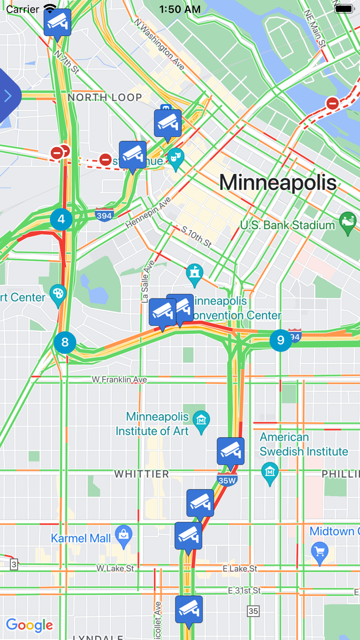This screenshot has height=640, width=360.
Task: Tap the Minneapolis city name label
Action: click(278, 183)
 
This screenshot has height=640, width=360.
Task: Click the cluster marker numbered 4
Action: click(61, 219)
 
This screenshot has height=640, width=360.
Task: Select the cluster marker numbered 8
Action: click(65, 342)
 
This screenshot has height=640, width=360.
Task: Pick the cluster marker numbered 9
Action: click(280, 340)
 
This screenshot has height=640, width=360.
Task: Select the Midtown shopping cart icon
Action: click(320, 552)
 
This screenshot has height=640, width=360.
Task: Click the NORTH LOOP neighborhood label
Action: click(105, 97)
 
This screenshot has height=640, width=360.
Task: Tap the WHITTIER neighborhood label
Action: click(141, 474)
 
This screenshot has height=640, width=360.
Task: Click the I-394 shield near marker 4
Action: click(104, 215)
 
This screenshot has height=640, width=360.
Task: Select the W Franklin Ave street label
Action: click(119, 379)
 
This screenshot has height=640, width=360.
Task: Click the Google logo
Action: click(29, 625)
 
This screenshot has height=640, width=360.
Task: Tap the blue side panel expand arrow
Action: click(8, 96)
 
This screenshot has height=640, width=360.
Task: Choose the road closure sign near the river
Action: click(333, 103)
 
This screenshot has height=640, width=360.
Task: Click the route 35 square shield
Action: click(253, 611)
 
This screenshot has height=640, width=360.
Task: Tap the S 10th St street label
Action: click(193, 235)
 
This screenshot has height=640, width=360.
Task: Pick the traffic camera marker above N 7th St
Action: click(57, 22)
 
